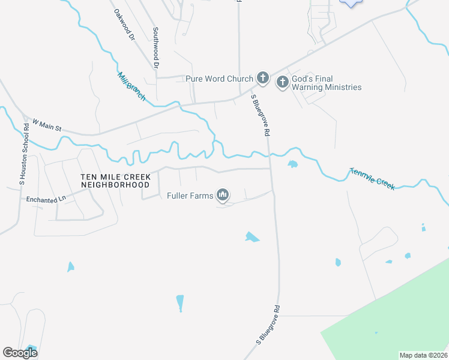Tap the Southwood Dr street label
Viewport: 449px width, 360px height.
[155, 47]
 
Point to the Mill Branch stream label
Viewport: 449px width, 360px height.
[131, 86]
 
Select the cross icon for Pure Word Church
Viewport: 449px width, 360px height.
[262, 77]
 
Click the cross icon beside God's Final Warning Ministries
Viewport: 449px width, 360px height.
[282, 83]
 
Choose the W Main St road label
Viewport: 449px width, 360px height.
[47, 125]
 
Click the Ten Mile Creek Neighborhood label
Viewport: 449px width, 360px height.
[115, 181]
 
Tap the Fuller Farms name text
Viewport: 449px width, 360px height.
[190, 194]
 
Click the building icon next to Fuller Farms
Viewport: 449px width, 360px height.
[223, 194]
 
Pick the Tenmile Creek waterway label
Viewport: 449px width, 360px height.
[372, 179]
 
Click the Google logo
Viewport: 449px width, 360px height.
[20, 352]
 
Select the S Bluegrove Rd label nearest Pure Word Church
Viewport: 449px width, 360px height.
[259, 116]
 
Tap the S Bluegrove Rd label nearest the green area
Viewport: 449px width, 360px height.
[269, 325]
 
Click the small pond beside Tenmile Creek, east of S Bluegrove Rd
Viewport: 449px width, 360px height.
[292, 164]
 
